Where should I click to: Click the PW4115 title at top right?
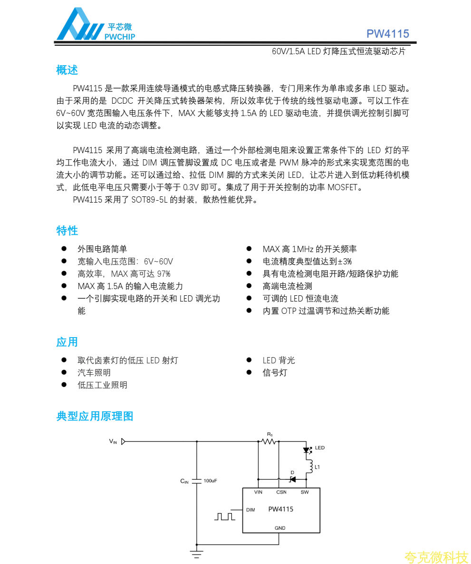[x=387, y=34]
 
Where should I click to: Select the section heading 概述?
[x=67, y=70]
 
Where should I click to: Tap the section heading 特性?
[x=67, y=231]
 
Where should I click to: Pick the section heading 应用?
[x=67, y=342]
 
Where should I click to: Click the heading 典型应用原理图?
[x=95, y=416]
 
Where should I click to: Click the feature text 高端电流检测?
[x=287, y=286]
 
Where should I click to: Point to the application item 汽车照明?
[x=94, y=372]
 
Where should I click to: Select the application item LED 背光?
[x=279, y=360]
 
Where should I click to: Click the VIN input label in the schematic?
[x=113, y=441]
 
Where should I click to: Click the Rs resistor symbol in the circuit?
[x=269, y=441]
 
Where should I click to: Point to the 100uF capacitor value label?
[x=210, y=481]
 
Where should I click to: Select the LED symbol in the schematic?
[x=307, y=449]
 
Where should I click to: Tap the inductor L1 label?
[x=317, y=467]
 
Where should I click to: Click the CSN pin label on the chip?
[x=281, y=492]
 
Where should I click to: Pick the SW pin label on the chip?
[x=305, y=492]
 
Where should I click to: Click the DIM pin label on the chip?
[x=250, y=510]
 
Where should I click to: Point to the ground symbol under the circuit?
[x=196, y=553]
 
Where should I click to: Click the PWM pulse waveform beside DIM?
[x=224, y=516]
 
